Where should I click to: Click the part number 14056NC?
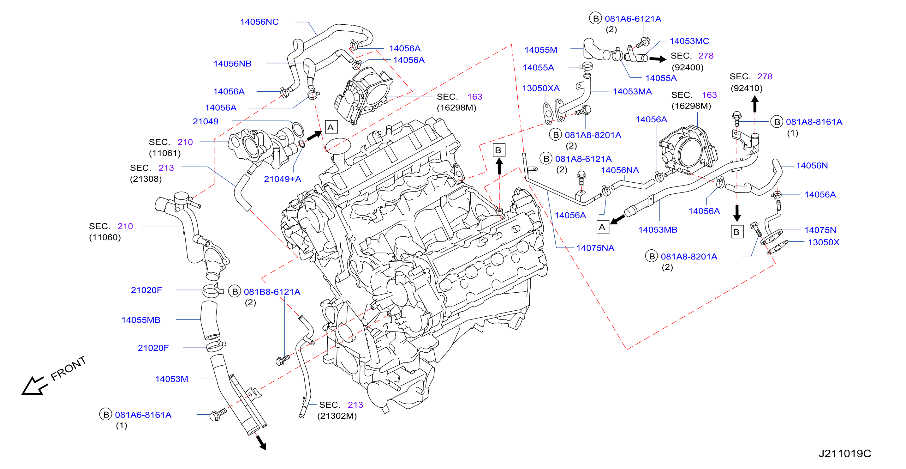click(259, 22)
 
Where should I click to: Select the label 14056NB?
click(232, 64)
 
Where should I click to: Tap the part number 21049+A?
click(283, 179)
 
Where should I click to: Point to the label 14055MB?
click(141, 320)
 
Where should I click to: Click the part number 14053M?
click(172, 379)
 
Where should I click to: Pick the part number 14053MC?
click(689, 41)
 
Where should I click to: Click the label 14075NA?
click(595, 248)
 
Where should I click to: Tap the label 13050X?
click(823, 242)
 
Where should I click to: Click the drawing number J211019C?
click(845, 454)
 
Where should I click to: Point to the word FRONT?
click(68, 368)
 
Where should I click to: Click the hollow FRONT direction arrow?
click(34, 386)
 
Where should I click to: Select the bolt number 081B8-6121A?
click(272, 292)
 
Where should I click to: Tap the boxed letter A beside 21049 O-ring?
click(331, 127)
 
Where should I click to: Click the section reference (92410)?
click(746, 88)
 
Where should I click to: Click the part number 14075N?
click(820, 230)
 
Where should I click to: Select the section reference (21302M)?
click(337, 416)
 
